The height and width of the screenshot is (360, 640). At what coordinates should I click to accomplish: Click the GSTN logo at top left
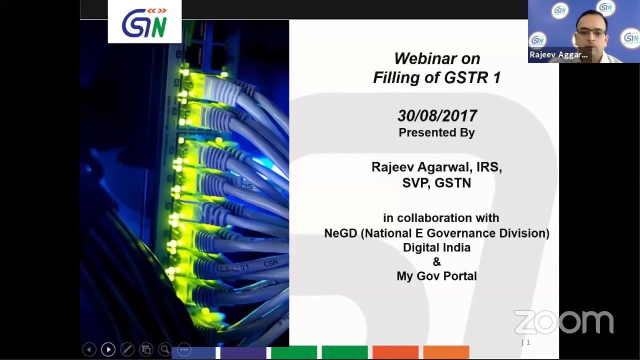coord(144,22)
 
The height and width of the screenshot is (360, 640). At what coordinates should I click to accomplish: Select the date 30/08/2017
coord(437,116)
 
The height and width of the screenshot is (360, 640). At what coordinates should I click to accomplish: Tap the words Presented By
coord(436,132)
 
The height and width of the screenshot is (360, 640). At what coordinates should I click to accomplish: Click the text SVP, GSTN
coord(436,183)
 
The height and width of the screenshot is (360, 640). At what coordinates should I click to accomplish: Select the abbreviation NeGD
coord(340,233)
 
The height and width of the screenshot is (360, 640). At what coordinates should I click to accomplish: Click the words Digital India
coord(436,247)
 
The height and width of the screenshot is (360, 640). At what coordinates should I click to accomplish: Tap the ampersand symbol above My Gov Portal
coord(436,261)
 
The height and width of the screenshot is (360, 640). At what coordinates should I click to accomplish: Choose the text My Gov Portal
coord(436,276)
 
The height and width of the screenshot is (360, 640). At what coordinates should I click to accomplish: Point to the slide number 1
coord(528,342)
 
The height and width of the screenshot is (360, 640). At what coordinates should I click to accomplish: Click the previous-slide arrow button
coord(89,349)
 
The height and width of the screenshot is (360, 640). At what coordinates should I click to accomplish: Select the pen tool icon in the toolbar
coord(127,349)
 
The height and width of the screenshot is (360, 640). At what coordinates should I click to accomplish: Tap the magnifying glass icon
coord(165,349)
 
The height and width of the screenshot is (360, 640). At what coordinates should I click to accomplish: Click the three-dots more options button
coord(184,349)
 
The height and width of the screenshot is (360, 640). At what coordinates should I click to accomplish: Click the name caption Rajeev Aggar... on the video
coord(558,55)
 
